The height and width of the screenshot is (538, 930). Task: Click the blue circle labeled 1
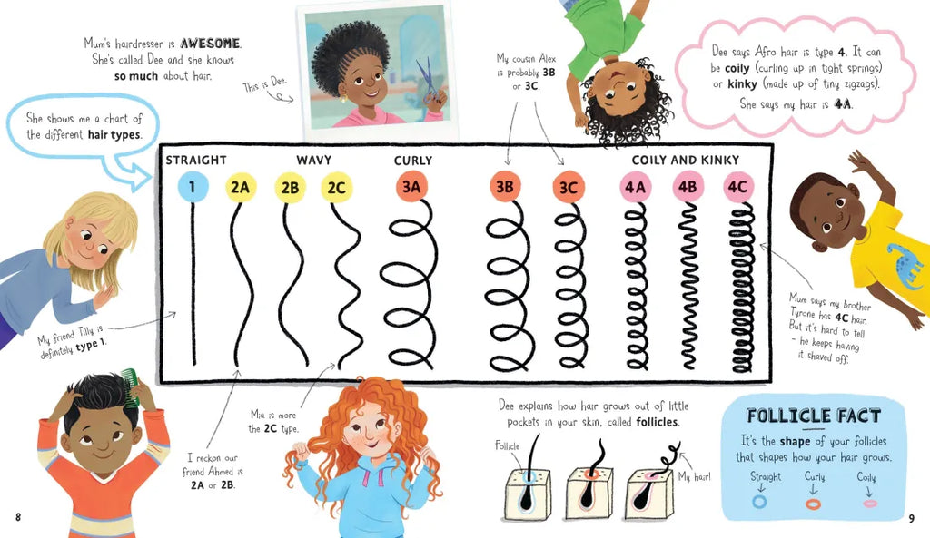pyautogui.click(x=193, y=187)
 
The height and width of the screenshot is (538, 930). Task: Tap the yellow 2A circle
pyautogui.click(x=240, y=187)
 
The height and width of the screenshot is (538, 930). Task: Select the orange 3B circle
pyautogui.click(x=505, y=187)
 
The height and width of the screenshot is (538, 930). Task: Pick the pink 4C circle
pyautogui.click(x=737, y=187)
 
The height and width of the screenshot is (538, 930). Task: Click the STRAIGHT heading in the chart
pyautogui.click(x=196, y=160)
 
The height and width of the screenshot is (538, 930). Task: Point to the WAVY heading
pyautogui.click(x=313, y=160)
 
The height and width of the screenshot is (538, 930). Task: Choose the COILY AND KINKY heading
pyautogui.click(x=686, y=160)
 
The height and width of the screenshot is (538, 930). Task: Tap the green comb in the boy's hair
pyautogui.click(x=131, y=386)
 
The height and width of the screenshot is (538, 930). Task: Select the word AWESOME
pyautogui.click(x=211, y=44)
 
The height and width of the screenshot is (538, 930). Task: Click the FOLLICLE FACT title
pyautogui.click(x=814, y=416)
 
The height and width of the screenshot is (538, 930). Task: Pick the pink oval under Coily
pyautogui.click(x=870, y=504)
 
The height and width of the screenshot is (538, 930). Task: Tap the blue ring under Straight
pyautogui.click(x=759, y=502)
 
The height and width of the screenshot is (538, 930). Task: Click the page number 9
pyautogui.click(x=912, y=518)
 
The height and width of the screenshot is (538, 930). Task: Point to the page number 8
pyautogui.click(x=18, y=517)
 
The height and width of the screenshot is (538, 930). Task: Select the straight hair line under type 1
pyautogui.click(x=193, y=283)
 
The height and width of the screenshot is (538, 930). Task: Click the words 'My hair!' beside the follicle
pyautogui.click(x=694, y=476)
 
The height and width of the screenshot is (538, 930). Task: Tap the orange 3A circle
pyautogui.click(x=411, y=187)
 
